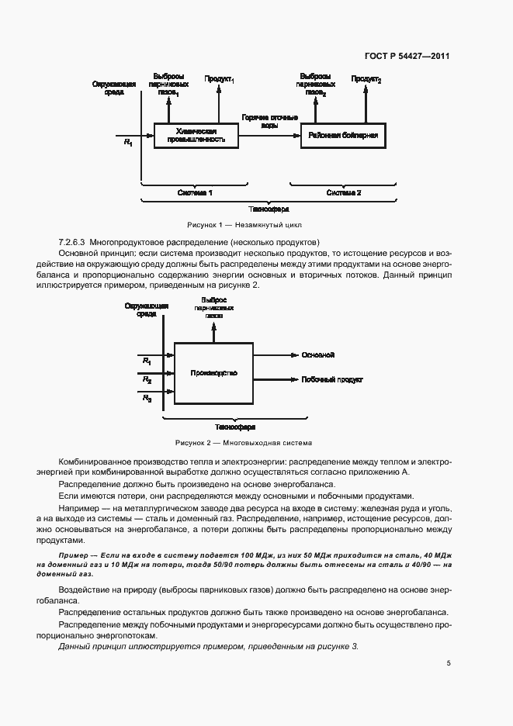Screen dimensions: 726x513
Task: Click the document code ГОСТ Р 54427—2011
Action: tap(406, 57)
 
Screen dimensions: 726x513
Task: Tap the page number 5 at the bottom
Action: tap(449, 663)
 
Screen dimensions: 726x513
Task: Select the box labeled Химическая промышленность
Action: tap(195, 136)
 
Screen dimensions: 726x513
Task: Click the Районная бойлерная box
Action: tap(342, 136)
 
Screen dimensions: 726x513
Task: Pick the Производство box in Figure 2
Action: tap(213, 373)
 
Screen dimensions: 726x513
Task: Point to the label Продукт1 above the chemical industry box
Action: tap(219, 80)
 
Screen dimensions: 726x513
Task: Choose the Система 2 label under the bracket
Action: tap(343, 192)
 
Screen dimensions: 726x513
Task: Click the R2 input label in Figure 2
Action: tap(147, 380)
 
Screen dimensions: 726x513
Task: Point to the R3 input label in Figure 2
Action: tap(147, 398)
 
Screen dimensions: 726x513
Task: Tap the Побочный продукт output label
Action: tap(331, 380)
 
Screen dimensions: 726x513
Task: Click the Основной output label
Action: tap(318, 354)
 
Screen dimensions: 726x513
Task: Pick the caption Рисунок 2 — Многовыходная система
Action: tap(244, 443)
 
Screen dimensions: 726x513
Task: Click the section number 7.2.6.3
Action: tap(71, 242)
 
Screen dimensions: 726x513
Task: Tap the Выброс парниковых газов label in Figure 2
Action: tap(213, 308)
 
